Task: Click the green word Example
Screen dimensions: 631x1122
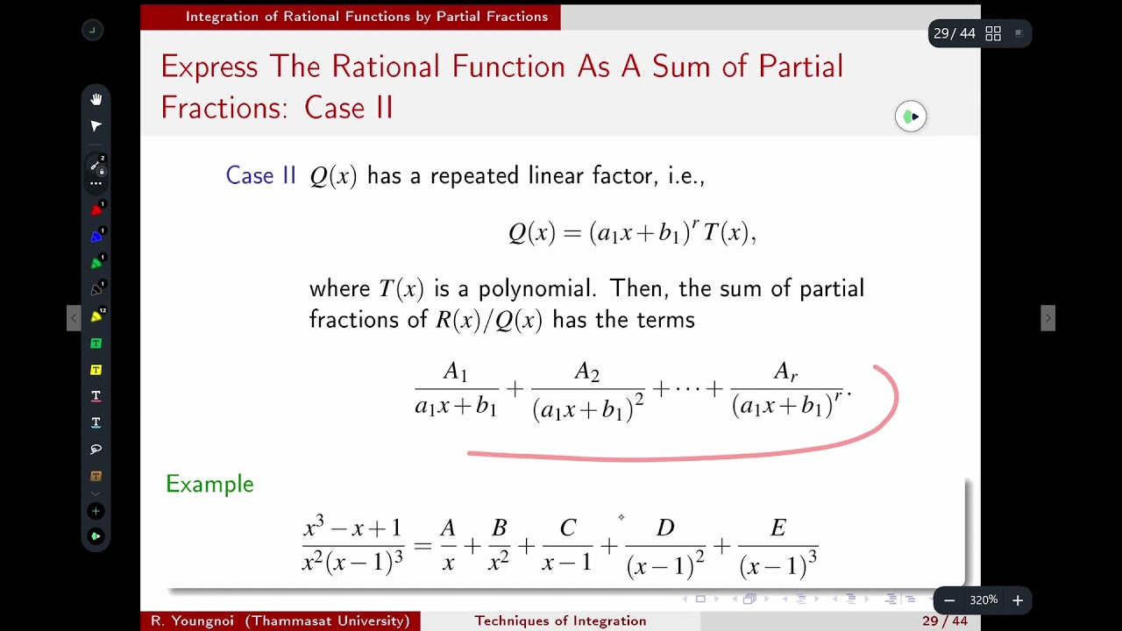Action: click(x=209, y=484)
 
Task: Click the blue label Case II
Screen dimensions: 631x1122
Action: click(x=261, y=175)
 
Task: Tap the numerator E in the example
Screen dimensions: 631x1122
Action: click(x=778, y=528)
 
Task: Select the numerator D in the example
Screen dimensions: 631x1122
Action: click(x=665, y=528)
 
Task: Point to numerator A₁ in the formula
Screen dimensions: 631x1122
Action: click(x=455, y=372)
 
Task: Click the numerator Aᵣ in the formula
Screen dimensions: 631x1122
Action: click(x=785, y=372)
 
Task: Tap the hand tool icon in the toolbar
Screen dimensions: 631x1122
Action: click(x=96, y=99)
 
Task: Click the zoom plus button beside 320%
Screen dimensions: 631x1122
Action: click(x=1018, y=600)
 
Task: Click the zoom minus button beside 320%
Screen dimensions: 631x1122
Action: click(x=949, y=600)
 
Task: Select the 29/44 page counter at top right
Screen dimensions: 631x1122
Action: click(x=955, y=33)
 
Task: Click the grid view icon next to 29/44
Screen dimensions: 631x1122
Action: click(x=993, y=33)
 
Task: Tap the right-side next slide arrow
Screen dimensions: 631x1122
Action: click(x=1047, y=317)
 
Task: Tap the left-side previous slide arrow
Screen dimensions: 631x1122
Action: click(x=74, y=317)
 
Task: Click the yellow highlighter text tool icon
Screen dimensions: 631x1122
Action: click(x=96, y=370)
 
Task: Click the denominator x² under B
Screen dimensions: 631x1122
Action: click(x=498, y=562)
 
